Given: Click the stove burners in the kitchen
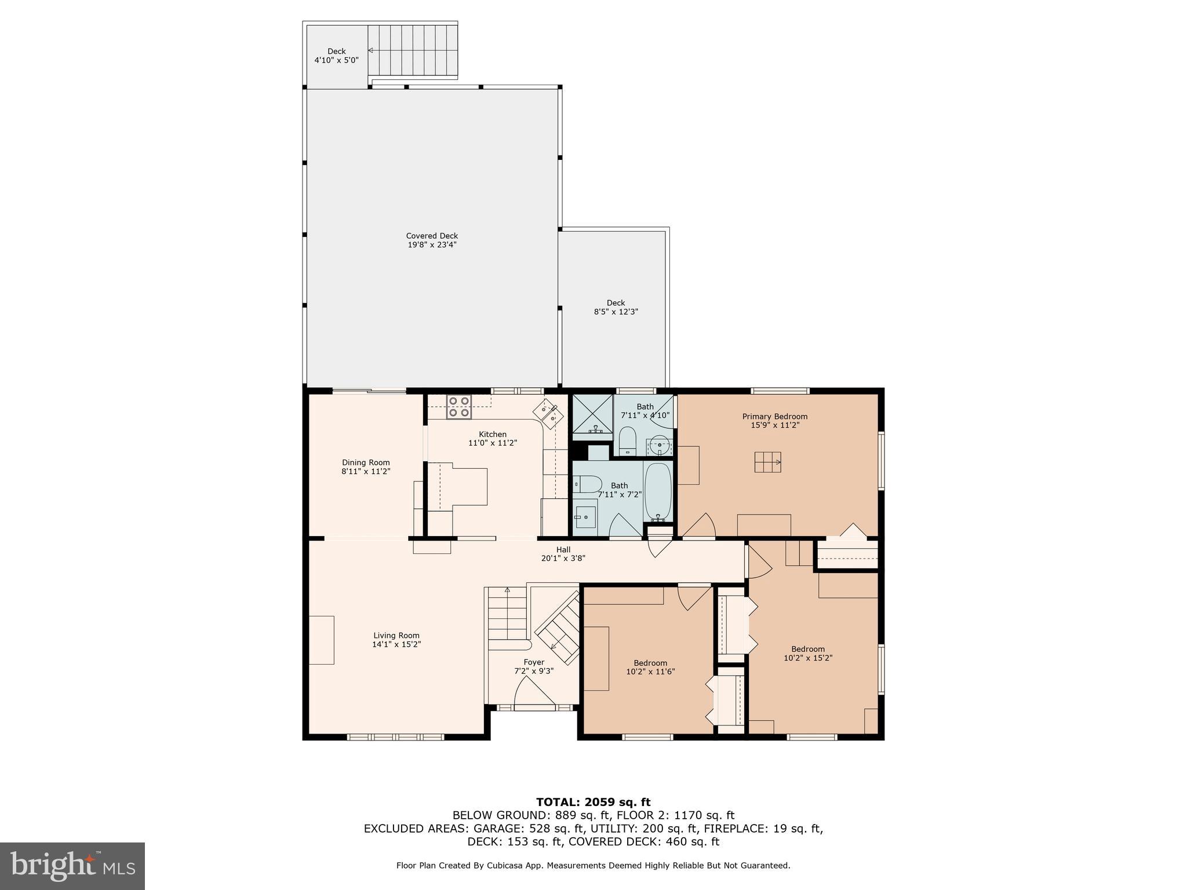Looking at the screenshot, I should tap(458, 407).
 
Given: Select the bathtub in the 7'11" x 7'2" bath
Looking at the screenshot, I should tap(658, 491).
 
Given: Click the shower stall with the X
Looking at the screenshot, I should tap(592, 413).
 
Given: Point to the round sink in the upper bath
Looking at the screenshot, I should tap(660, 446).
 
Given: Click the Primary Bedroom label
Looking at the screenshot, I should tap(774, 417).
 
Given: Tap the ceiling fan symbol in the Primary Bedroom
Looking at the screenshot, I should tap(767, 462).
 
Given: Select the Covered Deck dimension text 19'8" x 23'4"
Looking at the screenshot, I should tap(432, 245).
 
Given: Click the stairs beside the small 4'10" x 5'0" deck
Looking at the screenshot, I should tap(412, 51).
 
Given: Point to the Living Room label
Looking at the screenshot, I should tap(396, 636).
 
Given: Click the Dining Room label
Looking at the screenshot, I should tap(366, 462).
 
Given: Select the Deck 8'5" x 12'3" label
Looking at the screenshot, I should tap(616, 307).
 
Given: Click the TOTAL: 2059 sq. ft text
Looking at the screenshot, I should tap(593, 802).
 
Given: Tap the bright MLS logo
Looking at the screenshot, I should tap(72, 866).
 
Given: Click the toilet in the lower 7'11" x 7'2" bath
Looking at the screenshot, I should tap(588, 484).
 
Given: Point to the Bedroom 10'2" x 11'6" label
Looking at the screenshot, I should tap(650, 667).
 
